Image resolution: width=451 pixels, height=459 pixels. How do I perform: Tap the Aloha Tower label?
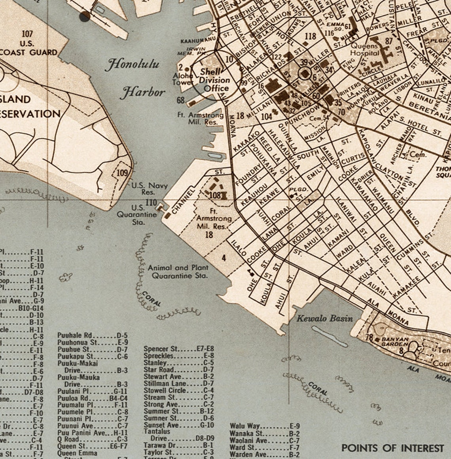tap(183, 79)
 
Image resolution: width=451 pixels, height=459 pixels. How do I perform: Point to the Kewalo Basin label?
tap(324, 318)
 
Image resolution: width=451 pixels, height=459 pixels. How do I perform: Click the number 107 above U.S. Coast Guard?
tap(27, 34)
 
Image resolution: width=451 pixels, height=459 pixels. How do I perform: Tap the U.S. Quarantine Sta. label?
tap(136, 215)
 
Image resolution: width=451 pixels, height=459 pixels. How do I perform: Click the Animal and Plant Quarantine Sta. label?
tap(178, 272)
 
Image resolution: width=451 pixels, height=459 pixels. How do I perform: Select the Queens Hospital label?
tap(365, 49)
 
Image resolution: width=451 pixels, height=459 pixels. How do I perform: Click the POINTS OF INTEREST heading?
tap(392, 448)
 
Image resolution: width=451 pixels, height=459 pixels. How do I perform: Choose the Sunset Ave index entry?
tap(178, 425)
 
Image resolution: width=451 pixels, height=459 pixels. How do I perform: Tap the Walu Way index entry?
tap(265, 426)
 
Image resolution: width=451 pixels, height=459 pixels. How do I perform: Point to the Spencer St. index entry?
tap(178, 349)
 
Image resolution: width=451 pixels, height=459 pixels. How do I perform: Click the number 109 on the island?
tap(122, 173)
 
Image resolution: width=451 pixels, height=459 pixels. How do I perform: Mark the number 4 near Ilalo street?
tap(224, 258)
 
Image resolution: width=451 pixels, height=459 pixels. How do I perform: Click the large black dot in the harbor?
tap(85, 16)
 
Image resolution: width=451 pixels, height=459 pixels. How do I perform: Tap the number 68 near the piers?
tap(181, 101)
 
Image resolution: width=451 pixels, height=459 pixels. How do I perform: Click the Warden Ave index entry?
tap(265, 454)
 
